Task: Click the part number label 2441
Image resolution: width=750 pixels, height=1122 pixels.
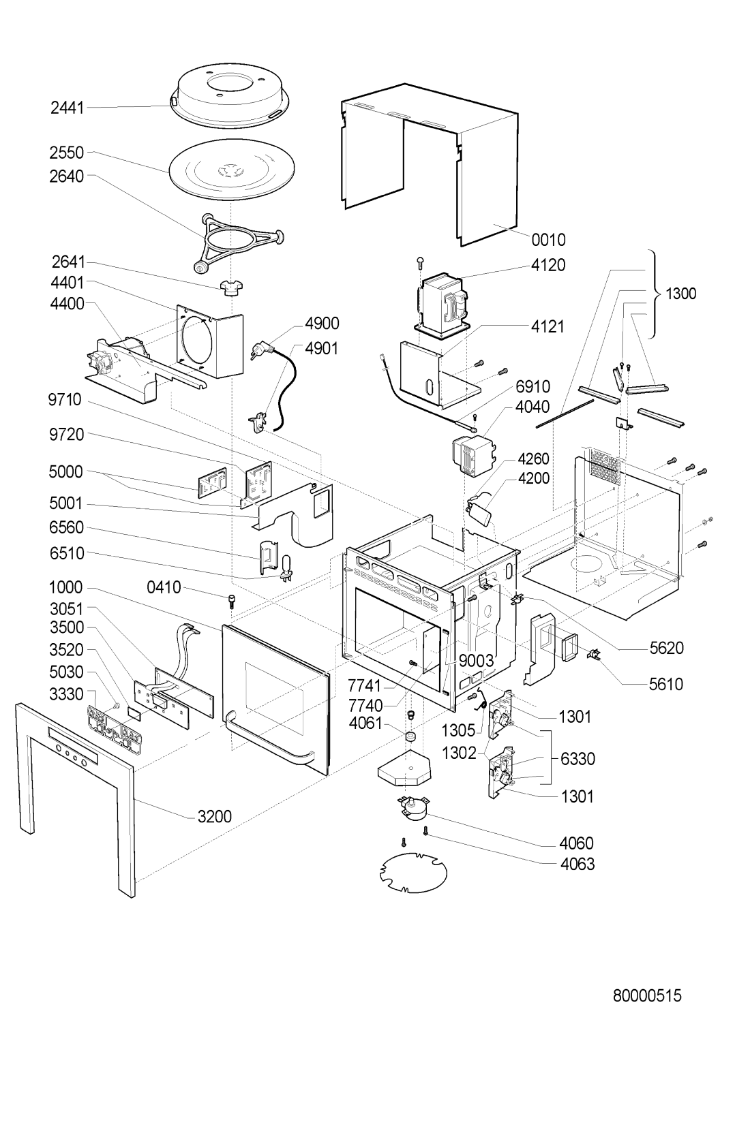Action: coord(66,107)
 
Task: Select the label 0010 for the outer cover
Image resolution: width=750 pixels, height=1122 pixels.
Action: coord(549,240)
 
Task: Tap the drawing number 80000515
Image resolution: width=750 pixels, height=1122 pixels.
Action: coord(647,996)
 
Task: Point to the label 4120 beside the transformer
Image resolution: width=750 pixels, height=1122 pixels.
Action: coord(549,265)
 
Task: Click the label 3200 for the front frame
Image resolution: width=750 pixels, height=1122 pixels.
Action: coord(215,816)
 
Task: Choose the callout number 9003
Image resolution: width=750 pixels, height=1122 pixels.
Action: coord(476,661)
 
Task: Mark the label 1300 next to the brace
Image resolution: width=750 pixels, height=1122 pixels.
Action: coord(681,294)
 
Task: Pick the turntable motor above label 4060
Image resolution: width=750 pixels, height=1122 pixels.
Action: coord(411,810)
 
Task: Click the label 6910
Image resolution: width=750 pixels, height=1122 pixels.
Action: coord(532,387)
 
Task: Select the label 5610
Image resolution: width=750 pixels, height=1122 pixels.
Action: coord(665,683)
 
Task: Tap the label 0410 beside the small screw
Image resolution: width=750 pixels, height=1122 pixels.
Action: coord(164,587)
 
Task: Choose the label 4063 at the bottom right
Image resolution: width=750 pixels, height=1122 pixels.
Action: coord(577,864)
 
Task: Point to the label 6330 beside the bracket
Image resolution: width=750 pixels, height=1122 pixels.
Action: coord(578,759)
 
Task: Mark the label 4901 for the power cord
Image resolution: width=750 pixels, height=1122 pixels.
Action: coord(322,348)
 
